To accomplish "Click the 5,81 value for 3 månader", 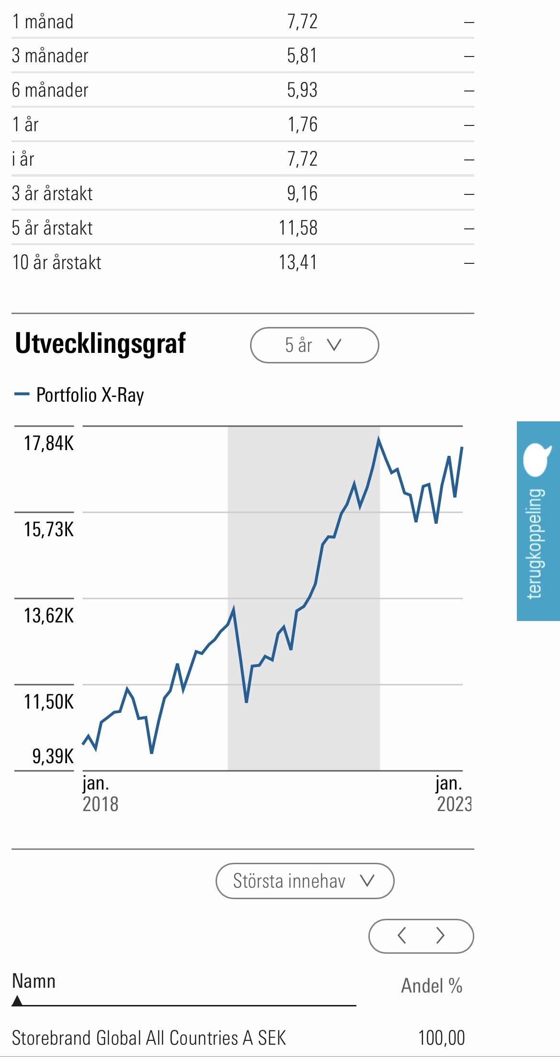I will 302,56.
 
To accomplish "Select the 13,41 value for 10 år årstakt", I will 298,262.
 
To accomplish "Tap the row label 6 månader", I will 50,90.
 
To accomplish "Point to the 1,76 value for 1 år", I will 302,125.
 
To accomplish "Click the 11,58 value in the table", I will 298,228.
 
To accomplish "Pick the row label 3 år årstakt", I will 52,194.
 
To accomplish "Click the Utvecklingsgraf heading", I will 100,344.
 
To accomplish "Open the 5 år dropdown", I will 314,345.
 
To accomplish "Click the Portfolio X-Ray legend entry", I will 90,395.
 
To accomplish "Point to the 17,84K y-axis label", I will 49,443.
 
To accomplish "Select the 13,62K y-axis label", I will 49,616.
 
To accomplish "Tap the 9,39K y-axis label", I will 53,756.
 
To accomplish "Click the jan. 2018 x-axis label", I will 100,793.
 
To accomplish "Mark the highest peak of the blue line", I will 378,439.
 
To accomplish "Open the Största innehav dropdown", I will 305,881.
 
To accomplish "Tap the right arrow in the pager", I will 440,936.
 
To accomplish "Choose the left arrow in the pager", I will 402,936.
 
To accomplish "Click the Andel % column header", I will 432,986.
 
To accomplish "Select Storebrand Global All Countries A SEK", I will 149,1038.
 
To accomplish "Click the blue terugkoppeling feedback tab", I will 538,520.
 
